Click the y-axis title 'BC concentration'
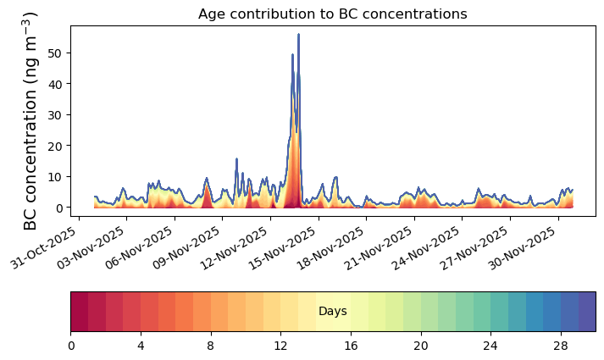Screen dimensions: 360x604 click(x=31, y=120)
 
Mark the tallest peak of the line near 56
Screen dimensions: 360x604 click(x=298, y=35)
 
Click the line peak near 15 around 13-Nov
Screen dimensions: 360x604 click(x=237, y=158)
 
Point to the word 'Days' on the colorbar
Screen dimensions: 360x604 click(x=333, y=312)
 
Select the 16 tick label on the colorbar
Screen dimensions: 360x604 click(x=351, y=346)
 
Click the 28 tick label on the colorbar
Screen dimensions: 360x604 click(x=560, y=346)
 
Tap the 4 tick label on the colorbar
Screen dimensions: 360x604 click(x=141, y=346)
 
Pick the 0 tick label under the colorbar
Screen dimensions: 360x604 click(x=71, y=346)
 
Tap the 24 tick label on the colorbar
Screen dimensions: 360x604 click(x=490, y=346)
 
